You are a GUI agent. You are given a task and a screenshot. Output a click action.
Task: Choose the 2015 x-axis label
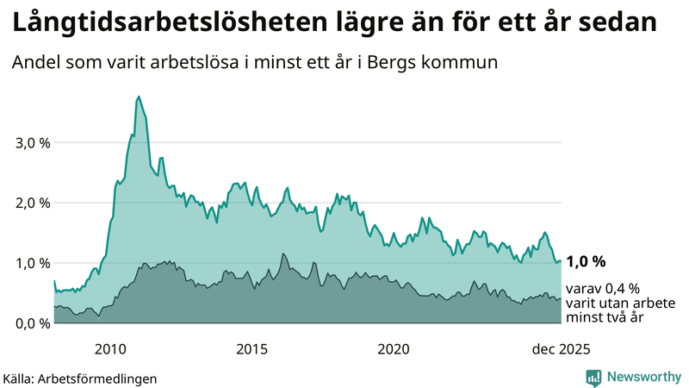(x=251, y=349)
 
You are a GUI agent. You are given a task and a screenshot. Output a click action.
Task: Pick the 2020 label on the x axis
(x=393, y=349)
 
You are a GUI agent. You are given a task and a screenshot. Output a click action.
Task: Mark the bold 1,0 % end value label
(x=586, y=261)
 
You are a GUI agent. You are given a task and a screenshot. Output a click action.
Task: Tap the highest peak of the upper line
(x=139, y=97)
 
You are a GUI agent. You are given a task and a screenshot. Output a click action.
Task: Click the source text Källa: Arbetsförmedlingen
(x=80, y=379)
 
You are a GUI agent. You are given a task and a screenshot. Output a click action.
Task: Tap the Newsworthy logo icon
(x=593, y=377)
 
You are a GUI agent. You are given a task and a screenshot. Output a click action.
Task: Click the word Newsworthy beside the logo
(x=643, y=377)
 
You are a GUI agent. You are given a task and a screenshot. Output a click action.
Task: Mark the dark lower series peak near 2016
(x=282, y=253)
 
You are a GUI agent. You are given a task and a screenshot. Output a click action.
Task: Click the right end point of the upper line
(x=561, y=260)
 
